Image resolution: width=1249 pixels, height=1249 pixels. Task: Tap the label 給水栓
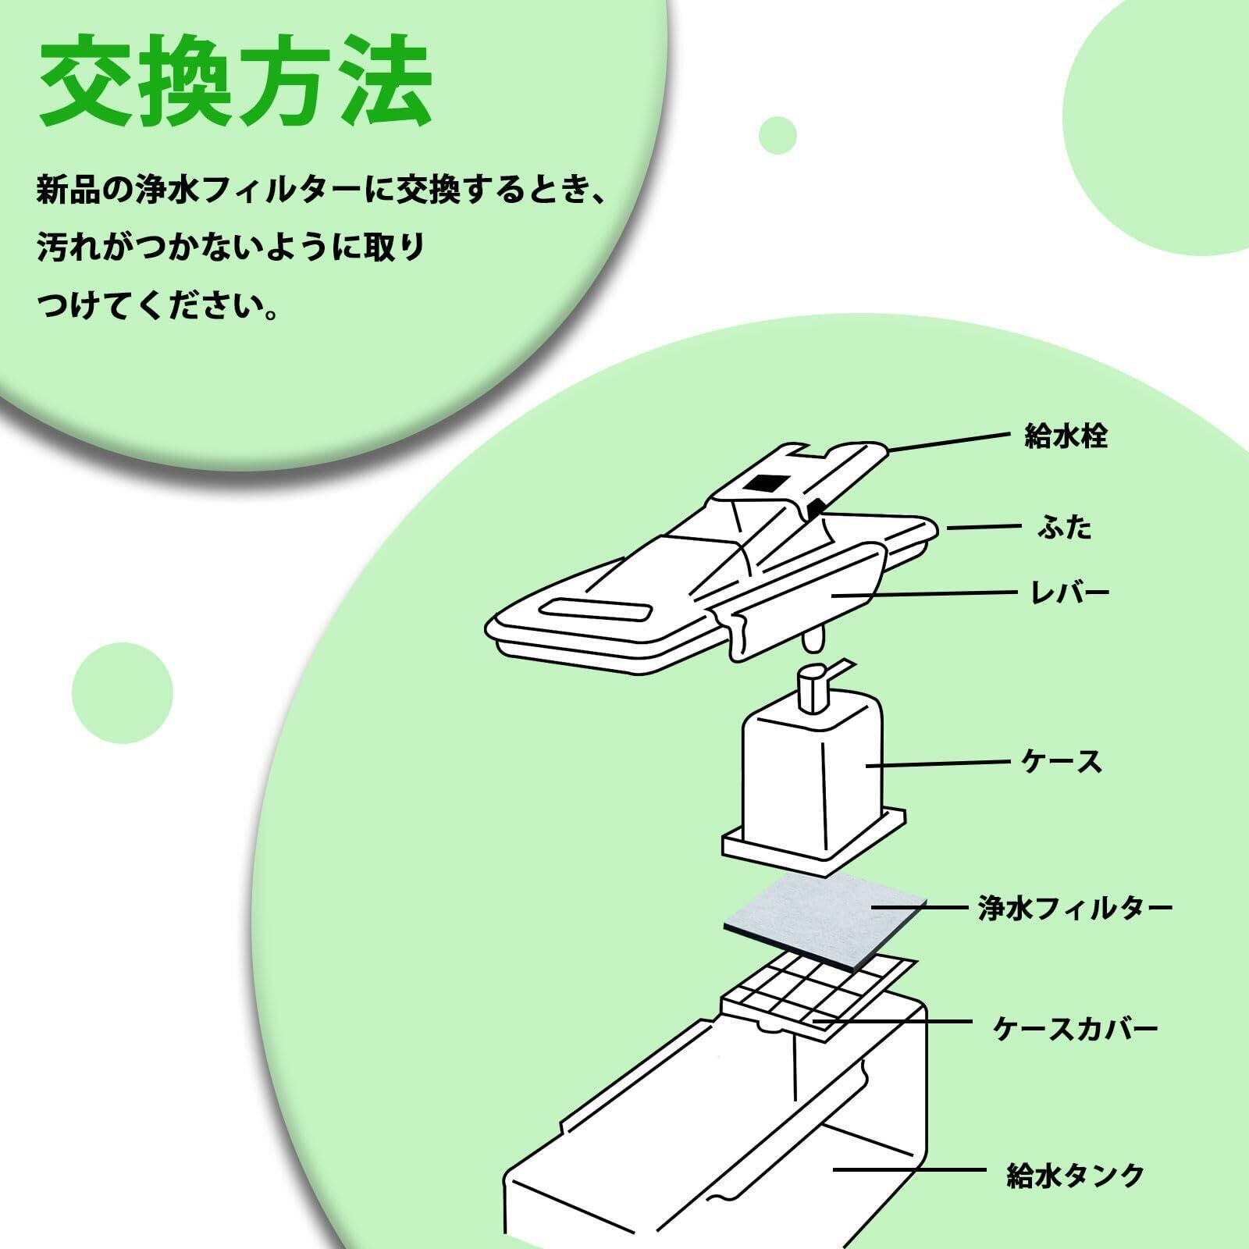[1066, 436]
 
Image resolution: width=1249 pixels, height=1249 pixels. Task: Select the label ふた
[1065, 528]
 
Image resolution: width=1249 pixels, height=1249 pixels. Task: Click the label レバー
[1070, 592]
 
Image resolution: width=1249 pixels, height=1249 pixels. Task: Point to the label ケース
[1062, 761]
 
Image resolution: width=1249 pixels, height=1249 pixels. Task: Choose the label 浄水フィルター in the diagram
[1075, 908]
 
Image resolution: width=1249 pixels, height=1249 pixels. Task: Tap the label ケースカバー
[1075, 1028]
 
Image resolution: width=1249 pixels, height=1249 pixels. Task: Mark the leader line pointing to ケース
[937, 763]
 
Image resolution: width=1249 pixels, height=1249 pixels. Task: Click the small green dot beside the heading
[777, 135]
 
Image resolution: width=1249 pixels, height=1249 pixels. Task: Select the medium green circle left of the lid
[122, 692]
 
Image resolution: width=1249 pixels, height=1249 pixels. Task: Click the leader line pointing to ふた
[984, 528]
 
